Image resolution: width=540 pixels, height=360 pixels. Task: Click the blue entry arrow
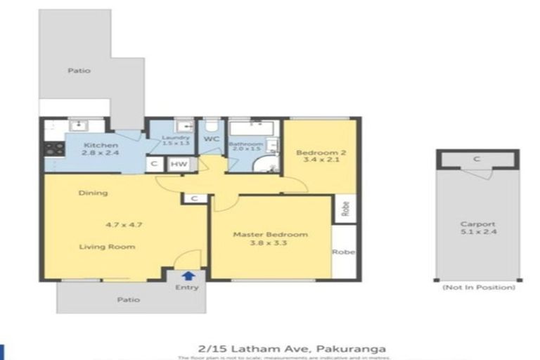[188, 276]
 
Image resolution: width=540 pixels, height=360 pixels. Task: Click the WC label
[212, 139]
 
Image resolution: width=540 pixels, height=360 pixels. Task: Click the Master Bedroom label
[270, 234]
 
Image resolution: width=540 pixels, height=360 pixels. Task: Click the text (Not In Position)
[477, 287]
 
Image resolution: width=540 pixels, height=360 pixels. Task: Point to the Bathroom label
[247, 144]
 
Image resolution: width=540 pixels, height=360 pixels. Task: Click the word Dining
[93, 193]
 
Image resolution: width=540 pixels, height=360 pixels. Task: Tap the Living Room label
[107, 247]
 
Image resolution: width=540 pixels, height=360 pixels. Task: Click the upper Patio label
[79, 70]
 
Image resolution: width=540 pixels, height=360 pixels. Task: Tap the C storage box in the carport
[476, 160]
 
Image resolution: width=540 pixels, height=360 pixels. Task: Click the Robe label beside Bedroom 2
[345, 208]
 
